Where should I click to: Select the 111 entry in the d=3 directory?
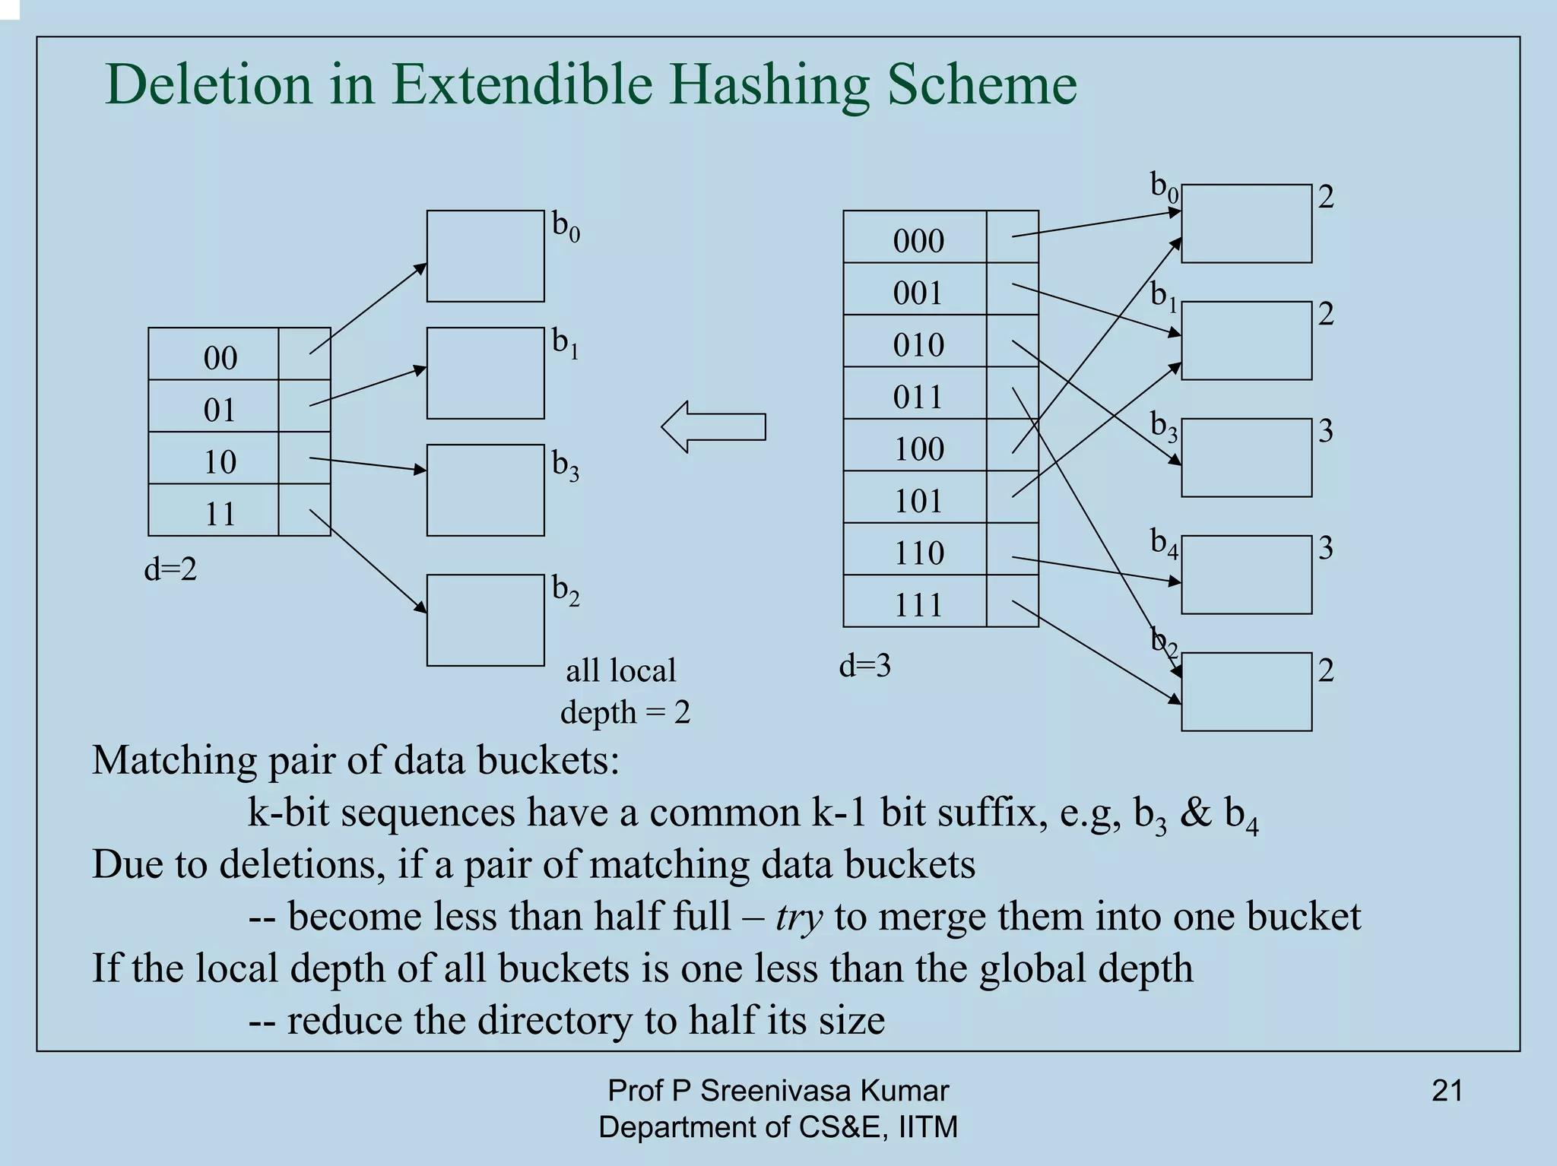(x=918, y=604)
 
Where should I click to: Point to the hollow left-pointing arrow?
(x=712, y=426)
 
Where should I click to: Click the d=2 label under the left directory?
(x=170, y=569)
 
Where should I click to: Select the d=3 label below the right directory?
(x=864, y=666)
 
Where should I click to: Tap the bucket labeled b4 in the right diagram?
(x=1246, y=575)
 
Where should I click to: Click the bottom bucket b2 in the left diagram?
(x=485, y=620)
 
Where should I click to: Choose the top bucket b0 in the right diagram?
(x=1246, y=223)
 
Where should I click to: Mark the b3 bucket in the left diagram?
(x=485, y=490)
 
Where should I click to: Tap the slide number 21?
(x=1447, y=1091)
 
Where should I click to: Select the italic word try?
(x=799, y=917)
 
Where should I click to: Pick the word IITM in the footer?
(x=928, y=1126)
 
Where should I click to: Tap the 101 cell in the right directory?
(x=918, y=501)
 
